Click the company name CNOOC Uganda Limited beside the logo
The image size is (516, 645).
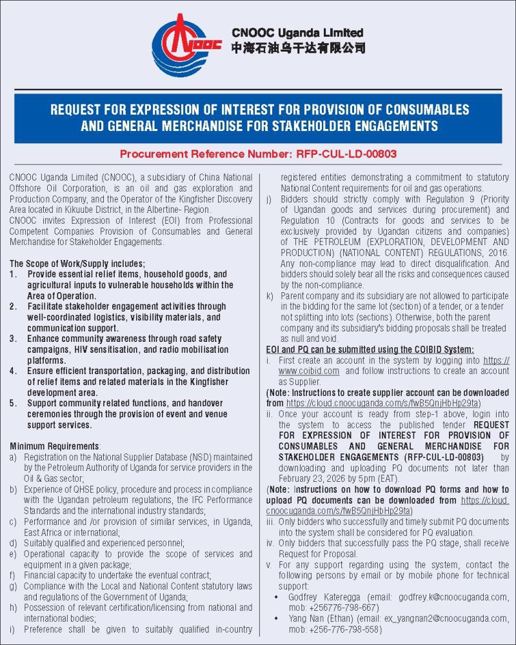click(x=297, y=33)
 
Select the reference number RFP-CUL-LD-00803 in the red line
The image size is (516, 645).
click(x=346, y=154)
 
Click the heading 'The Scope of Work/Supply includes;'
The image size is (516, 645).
click(x=78, y=263)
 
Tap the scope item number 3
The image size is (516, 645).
click(x=14, y=339)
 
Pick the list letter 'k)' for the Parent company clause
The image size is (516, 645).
click(x=270, y=295)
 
